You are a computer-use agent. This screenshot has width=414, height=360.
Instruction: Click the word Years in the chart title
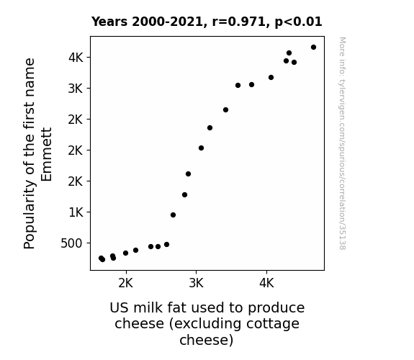pos(109,22)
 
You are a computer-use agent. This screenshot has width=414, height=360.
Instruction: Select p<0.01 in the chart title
pos(298,22)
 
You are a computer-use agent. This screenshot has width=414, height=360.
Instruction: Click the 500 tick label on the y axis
pos(71,243)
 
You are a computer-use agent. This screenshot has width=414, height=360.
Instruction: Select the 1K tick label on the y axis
pos(76,212)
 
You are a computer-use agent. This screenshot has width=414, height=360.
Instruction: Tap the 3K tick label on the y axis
pos(76,89)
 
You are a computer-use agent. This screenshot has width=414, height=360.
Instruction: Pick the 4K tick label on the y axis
pos(76,58)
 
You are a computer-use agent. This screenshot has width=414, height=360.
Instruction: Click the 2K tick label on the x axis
pos(126,283)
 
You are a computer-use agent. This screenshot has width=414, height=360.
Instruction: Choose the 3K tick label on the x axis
pos(196,283)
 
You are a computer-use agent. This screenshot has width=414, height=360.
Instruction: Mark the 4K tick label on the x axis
pos(266,283)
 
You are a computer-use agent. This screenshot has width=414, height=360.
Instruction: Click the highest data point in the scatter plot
pos(313,48)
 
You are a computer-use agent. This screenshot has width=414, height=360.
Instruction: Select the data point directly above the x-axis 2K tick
pos(126,253)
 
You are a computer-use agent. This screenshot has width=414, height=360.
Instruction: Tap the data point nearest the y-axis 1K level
pos(173,215)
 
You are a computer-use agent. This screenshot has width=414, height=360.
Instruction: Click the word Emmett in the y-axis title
pos(47,154)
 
